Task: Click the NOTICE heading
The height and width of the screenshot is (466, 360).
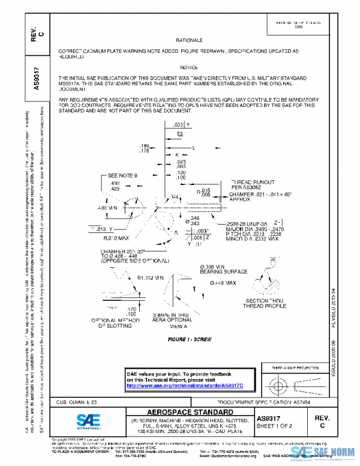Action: (189, 68)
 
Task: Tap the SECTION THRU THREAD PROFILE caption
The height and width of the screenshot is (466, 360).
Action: (261, 303)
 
